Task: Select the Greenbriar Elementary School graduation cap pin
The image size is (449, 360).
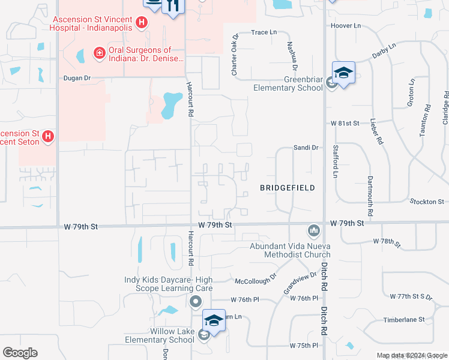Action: click(x=343, y=73)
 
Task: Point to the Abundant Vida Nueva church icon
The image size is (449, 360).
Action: click(x=313, y=230)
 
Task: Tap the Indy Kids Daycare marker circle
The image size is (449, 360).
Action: click(x=194, y=301)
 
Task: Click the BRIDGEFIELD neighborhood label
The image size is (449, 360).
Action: click(x=288, y=188)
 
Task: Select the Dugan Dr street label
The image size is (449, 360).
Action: click(x=77, y=78)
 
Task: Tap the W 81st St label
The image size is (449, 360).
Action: click(x=345, y=123)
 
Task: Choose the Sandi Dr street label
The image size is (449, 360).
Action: click(x=305, y=147)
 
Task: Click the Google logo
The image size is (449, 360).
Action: click(x=20, y=352)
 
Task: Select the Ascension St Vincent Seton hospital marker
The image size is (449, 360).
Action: click(x=47, y=137)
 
